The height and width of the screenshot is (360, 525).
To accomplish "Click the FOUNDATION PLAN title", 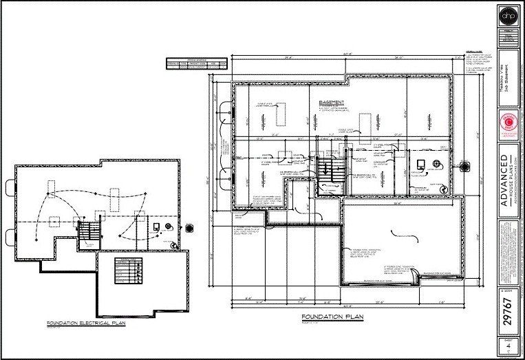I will (332, 317).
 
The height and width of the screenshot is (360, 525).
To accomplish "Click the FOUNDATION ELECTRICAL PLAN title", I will (84, 322).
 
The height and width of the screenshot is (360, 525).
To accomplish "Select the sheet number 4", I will (507, 348).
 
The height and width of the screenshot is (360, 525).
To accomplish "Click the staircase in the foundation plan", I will (328, 169).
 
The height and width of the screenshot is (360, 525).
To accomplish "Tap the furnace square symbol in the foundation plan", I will (421, 164).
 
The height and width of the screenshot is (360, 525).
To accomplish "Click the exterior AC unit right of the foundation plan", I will (465, 166).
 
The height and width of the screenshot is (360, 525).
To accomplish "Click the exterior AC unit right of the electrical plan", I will (190, 228).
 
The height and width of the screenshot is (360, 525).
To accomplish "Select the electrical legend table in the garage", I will (129, 270).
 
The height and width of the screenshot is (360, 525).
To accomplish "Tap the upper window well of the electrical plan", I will (9, 186).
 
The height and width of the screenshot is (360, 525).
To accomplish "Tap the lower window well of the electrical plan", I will (9, 237).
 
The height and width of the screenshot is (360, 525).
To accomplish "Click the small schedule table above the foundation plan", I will (196, 64).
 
